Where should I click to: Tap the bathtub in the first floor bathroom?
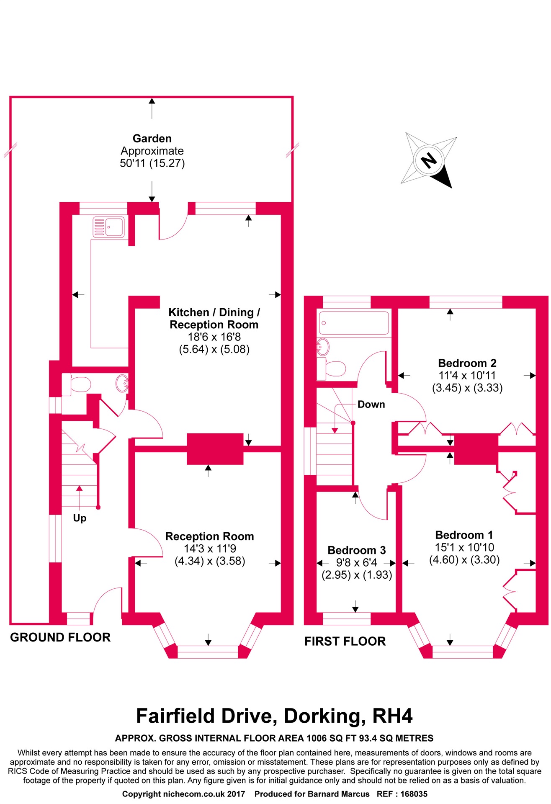354,323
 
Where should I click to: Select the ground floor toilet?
77,384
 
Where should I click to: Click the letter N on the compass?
428,160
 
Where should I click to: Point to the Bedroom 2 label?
467,363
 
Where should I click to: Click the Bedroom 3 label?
357,550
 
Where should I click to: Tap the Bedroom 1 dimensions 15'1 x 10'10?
464,547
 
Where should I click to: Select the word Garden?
152,139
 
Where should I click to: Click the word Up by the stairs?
80,518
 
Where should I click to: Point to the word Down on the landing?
371,405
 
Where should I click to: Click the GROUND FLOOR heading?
60,637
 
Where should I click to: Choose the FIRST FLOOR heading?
345,642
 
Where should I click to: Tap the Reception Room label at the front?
210,536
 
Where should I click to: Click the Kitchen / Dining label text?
214,312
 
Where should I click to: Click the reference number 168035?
414,794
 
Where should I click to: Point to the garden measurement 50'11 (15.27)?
152,163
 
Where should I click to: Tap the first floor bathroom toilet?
331,368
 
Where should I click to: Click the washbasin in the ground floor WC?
122,383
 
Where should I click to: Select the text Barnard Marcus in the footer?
339,794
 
